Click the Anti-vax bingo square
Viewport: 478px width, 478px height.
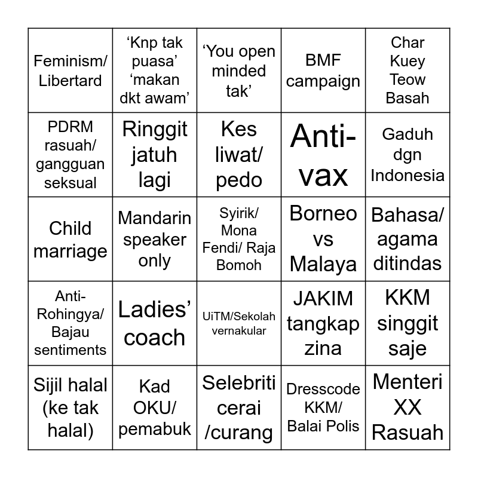pos(323,155)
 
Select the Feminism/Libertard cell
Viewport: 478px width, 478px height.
pos(71,71)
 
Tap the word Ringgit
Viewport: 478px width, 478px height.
pos(155,129)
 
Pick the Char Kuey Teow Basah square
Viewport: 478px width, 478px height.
pos(407,71)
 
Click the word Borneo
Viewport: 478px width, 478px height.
pos(323,213)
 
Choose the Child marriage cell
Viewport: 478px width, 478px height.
pos(71,240)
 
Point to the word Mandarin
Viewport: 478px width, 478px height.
pos(155,218)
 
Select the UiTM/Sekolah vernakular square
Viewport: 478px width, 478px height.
pos(239,323)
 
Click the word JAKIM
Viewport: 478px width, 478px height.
pos(323,298)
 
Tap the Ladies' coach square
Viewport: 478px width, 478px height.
pos(155,323)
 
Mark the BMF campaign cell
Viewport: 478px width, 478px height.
pos(323,71)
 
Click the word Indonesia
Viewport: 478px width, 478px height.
pos(407,175)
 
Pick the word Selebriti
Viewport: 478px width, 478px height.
pos(239,383)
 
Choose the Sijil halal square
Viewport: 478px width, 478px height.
pos(71,407)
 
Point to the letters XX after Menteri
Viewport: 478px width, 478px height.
pos(407,407)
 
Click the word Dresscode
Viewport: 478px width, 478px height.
pos(323,390)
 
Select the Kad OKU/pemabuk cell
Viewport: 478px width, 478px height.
pos(155,407)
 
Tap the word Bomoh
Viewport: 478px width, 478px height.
pos(239,265)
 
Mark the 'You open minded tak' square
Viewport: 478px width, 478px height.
pos(239,71)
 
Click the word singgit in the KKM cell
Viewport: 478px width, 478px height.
pos(407,323)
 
